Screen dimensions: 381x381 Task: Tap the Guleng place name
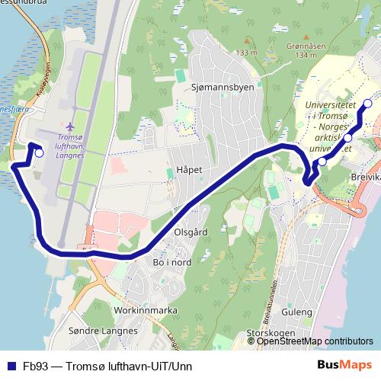point(296,312)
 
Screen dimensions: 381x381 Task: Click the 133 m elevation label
point(246,52)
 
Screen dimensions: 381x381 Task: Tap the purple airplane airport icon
point(71,125)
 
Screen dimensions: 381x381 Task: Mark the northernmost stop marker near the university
point(367,104)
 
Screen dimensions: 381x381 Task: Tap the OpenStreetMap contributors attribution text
point(315,341)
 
